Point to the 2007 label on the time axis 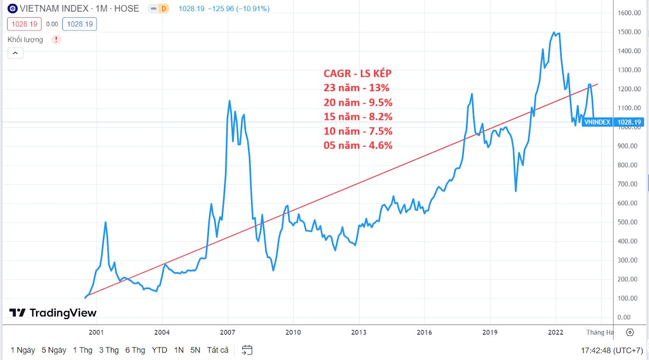pyautogui.click(x=228, y=333)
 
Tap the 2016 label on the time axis pyautogui.click(x=424, y=333)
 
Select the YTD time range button pyautogui.click(x=160, y=350)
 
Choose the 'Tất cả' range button pyautogui.click(x=218, y=350)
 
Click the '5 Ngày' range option pyautogui.click(x=54, y=350)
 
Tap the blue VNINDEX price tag pyautogui.click(x=597, y=122)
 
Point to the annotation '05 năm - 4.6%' pyautogui.click(x=358, y=146)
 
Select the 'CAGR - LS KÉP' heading pyautogui.click(x=357, y=73)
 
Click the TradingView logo pyautogui.click(x=53, y=313)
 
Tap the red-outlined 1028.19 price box pyautogui.click(x=25, y=24)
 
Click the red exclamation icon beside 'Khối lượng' pyautogui.click(x=56, y=40)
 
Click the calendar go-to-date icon pyautogui.click(x=247, y=350)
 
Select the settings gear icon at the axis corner pyautogui.click(x=630, y=333)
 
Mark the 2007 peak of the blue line pyautogui.click(x=230, y=101)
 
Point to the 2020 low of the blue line pyautogui.click(x=516, y=191)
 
